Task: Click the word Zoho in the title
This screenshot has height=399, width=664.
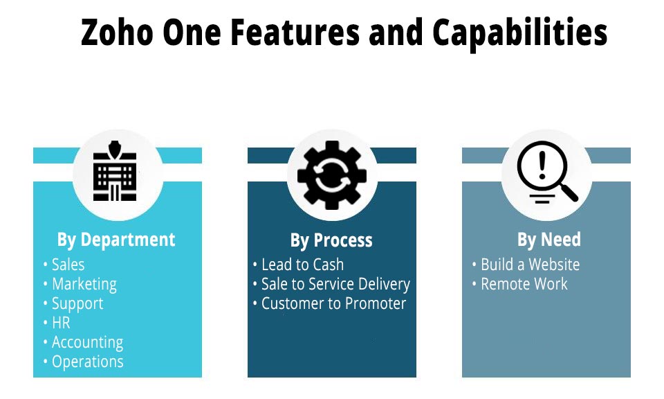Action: click(x=117, y=33)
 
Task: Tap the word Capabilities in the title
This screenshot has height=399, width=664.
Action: click(x=520, y=34)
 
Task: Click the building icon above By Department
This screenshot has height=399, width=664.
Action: click(x=115, y=171)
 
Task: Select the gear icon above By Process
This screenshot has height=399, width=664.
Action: click(x=332, y=175)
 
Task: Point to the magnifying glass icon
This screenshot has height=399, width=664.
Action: click(x=546, y=172)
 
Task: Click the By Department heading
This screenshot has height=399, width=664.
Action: click(x=116, y=240)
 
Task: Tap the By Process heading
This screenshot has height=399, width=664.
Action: click(x=331, y=240)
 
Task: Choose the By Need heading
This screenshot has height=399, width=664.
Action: click(x=548, y=240)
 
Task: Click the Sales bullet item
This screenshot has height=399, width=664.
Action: click(x=68, y=265)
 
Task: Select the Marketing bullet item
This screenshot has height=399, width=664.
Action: click(x=84, y=285)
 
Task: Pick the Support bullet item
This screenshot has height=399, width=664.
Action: click(x=77, y=304)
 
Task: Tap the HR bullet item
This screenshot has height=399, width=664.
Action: click(x=61, y=323)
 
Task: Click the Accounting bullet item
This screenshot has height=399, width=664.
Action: click(x=87, y=343)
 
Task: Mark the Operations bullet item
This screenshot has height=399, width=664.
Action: click(x=88, y=362)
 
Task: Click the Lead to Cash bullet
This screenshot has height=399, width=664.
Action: click(x=302, y=265)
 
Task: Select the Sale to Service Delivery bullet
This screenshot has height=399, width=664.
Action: click(x=336, y=285)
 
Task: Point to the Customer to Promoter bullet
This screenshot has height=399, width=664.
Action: click(x=333, y=303)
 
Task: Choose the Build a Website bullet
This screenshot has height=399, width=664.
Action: click(x=531, y=265)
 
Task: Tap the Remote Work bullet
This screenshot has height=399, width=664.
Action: click(x=524, y=284)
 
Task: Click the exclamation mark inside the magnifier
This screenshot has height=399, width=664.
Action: click(x=542, y=166)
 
